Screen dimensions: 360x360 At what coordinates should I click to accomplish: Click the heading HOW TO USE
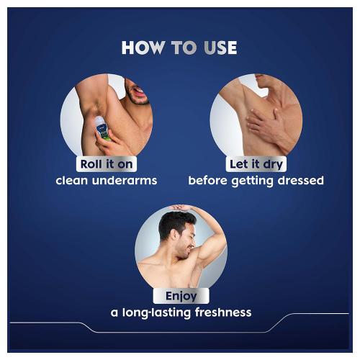[x=179, y=48]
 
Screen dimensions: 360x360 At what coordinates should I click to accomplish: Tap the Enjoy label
[x=181, y=296]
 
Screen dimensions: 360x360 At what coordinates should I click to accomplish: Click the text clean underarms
[x=106, y=180]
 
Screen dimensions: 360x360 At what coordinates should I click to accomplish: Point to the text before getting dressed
[x=256, y=180]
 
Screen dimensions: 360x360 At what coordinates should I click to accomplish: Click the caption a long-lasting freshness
[x=181, y=312]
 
